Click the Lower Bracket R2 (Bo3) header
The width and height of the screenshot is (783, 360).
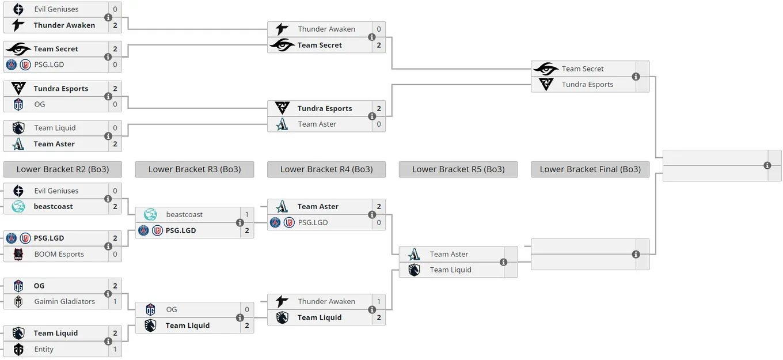point(63,169)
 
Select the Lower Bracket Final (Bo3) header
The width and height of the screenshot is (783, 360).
point(590,169)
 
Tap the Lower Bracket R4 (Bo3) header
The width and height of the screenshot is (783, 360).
point(326,169)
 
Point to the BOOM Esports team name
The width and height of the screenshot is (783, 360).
point(59,254)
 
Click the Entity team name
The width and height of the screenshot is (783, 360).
point(44,349)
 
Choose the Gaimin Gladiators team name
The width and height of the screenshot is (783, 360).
point(64,301)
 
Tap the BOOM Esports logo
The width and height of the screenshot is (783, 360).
point(18,254)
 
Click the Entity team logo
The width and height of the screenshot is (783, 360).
point(18,349)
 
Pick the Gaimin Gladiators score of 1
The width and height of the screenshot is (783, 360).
point(115,301)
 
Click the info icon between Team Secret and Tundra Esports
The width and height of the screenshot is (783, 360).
point(636,77)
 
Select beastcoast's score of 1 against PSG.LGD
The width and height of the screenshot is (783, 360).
point(247,214)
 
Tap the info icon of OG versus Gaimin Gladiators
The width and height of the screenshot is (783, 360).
point(108,294)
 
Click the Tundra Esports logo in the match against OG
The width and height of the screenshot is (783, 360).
point(18,88)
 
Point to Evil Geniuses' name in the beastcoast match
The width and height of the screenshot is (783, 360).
point(56,191)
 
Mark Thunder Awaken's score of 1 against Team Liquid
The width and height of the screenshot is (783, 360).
point(379,301)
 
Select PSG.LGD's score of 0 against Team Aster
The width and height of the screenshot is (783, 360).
point(379,222)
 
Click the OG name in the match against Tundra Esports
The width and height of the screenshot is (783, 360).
point(40,104)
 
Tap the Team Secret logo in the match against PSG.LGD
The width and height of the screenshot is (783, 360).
point(18,49)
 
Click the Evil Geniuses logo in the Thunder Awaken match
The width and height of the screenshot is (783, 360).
point(18,9)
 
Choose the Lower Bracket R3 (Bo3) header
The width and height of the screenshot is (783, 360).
point(195,169)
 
